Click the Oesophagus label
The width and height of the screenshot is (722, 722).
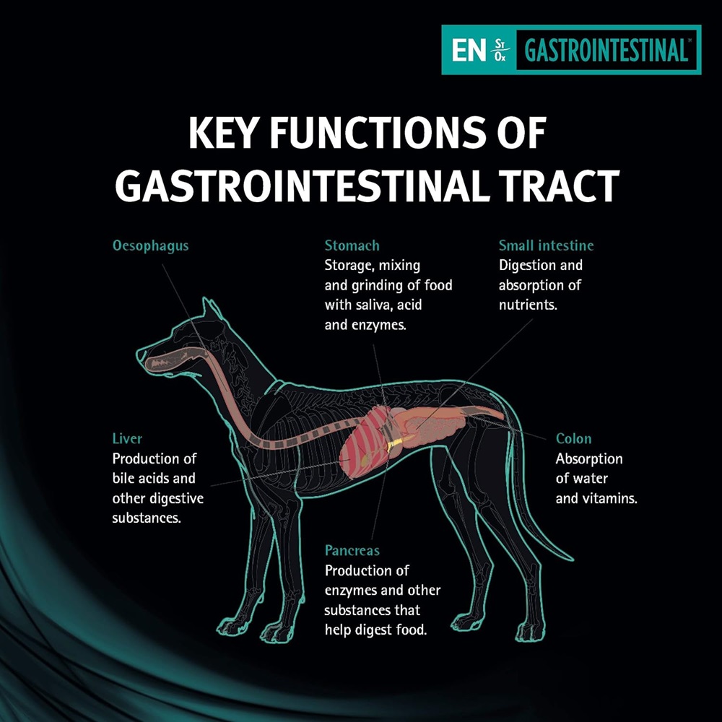pos(151,246)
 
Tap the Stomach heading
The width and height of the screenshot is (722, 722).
pos(352,245)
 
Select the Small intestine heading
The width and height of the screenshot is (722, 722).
pos(546,245)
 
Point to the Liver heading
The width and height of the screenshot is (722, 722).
pos(127,438)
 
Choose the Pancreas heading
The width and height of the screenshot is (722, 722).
pos(352,550)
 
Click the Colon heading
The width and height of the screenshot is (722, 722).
pos(573,438)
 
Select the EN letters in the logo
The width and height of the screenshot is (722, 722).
pos(469,50)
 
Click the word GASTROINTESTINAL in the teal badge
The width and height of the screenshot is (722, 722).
pos(606,50)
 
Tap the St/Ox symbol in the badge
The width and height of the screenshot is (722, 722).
pos(500,51)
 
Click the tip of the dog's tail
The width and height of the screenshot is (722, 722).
pos(573,559)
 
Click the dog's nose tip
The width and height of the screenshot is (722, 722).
pos(138,354)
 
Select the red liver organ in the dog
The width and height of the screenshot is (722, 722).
pos(365,442)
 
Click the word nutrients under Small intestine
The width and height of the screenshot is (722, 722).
pos(528,305)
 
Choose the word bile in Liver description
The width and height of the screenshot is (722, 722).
pos(123,479)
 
